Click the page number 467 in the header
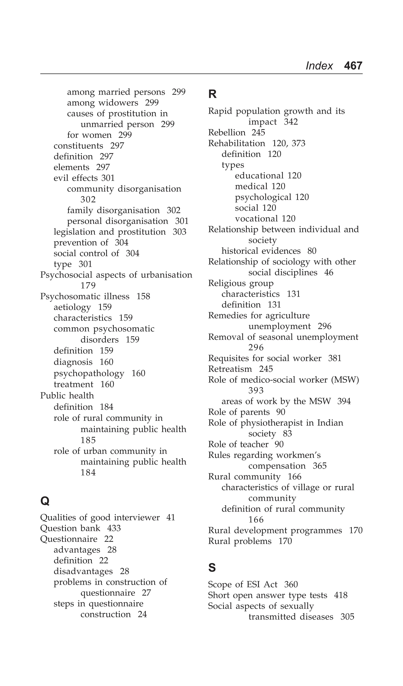tap(353, 66)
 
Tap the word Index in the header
tap(319, 66)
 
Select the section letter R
tap(212, 94)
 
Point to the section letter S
tap(212, 568)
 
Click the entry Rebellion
tap(226, 133)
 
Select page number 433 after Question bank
tap(114, 528)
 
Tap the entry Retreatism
tap(230, 369)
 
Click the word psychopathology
tap(89, 373)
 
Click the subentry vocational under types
tap(256, 219)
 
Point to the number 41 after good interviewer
tap(170, 518)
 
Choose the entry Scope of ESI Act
tap(243, 585)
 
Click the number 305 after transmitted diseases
tap(347, 617)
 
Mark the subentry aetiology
tap(72, 307)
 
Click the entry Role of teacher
tap(238, 444)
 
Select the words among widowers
tap(103, 103)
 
